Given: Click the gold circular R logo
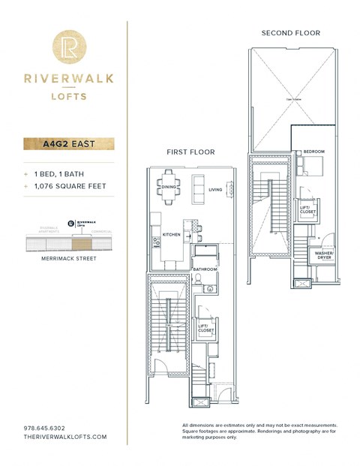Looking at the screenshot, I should click(69, 47).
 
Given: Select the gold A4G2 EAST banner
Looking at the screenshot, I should click(69, 143).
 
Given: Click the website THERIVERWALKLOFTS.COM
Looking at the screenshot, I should click(65, 437).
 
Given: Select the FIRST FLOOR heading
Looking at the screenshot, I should click(190, 152).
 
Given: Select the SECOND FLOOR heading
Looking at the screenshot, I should click(290, 33).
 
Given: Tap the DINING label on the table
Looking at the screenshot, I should click(169, 187).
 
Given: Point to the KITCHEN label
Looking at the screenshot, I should click(172, 236).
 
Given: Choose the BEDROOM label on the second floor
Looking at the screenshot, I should click(313, 152).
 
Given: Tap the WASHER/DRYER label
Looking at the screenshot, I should click(324, 255).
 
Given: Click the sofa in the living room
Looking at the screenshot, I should click(199, 185).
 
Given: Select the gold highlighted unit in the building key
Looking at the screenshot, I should click(79, 242).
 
